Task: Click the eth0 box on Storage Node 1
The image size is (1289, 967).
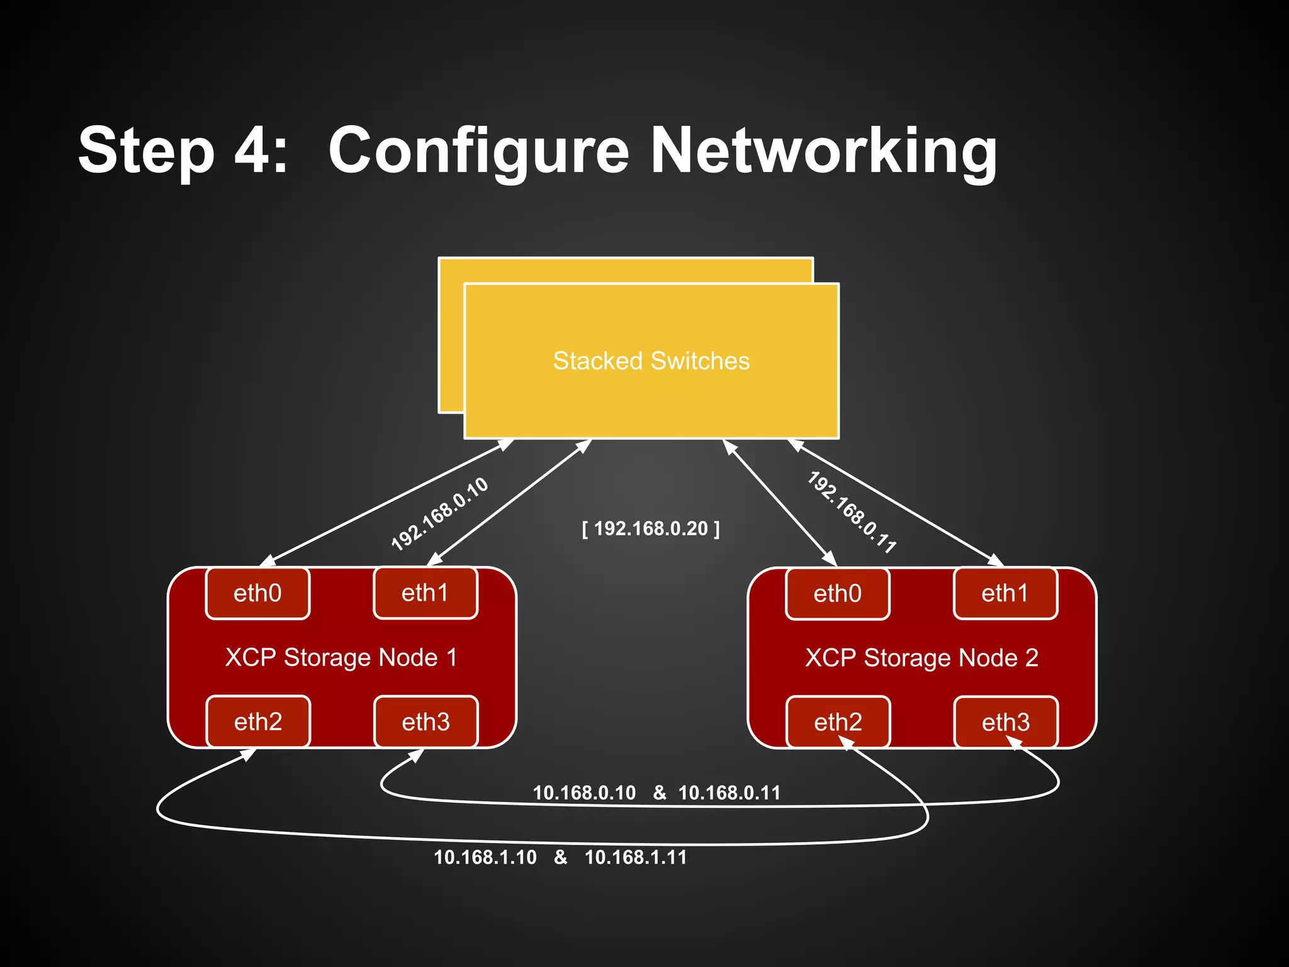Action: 257,594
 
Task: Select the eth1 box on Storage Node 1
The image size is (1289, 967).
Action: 425,593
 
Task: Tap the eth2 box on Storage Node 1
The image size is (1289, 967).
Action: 258,721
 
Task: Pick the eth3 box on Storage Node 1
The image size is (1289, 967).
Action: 426,722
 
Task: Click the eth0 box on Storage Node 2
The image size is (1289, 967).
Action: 837,594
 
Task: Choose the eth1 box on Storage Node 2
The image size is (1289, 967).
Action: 1005,593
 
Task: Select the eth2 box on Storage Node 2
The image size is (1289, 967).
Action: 838,722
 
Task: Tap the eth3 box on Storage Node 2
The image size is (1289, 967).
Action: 1006,722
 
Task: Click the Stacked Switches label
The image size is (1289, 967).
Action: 651,361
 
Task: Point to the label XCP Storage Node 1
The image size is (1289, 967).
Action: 341,658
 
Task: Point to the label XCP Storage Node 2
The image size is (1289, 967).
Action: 921,658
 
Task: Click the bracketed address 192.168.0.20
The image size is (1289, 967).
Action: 651,528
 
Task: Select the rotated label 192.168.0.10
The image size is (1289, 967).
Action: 439,514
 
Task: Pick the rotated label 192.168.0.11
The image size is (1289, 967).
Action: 852,512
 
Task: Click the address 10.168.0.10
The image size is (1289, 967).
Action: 584,793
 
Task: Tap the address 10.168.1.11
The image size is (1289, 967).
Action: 636,857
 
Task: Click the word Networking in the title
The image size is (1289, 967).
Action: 823,151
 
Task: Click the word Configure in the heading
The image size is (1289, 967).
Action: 478,151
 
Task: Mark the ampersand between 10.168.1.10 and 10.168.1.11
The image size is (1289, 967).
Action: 560,857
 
